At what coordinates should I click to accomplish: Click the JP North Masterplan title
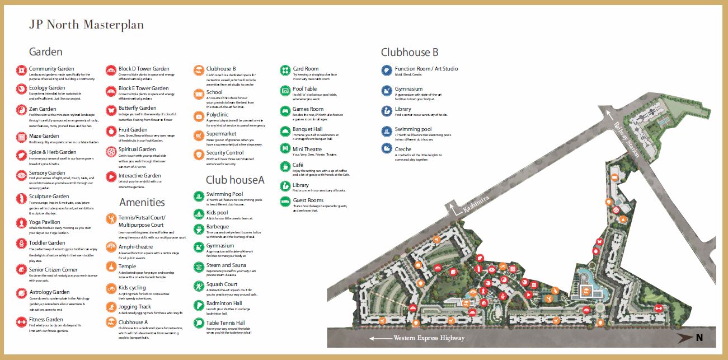pos(86,25)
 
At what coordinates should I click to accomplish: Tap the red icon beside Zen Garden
pos(21,110)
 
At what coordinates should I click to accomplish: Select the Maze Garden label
pos(44,136)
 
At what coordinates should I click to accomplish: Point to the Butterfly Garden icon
pos(110,110)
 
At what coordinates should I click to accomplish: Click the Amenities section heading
pos(142,202)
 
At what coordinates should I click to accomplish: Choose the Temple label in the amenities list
pos(127,267)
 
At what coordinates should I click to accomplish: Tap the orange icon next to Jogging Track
pos(110,308)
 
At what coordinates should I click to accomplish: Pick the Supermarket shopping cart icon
pos(198,135)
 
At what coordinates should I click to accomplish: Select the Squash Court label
pos(222,284)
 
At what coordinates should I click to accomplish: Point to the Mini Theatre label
pos(307,149)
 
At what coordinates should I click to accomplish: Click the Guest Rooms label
pos(308,200)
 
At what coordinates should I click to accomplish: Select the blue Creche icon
pos(386,149)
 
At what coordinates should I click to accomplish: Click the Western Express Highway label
pos(429,338)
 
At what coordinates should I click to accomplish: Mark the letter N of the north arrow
pos(699,338)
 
